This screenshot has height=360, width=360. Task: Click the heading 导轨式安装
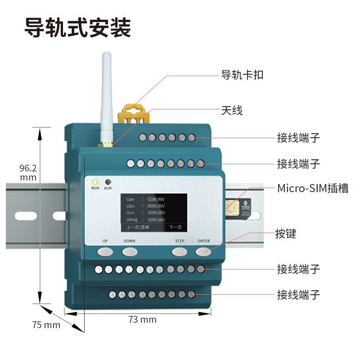pos(77,28)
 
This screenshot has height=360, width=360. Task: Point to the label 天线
pos(232,110)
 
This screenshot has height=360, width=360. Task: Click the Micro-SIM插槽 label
pos(312,188)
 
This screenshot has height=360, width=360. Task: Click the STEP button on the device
pos(180,251)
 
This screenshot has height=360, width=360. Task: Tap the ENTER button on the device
pos(203,251)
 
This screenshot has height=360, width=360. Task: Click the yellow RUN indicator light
pos(95,182)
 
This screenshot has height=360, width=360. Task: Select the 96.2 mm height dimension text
pos(28,173)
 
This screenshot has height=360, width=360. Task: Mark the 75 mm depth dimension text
pos(46,324)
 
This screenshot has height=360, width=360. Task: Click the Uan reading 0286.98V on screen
pos(156,199)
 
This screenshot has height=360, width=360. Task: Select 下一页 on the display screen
pos(175,228)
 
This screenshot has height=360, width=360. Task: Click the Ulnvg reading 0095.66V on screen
pos(156,220)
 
